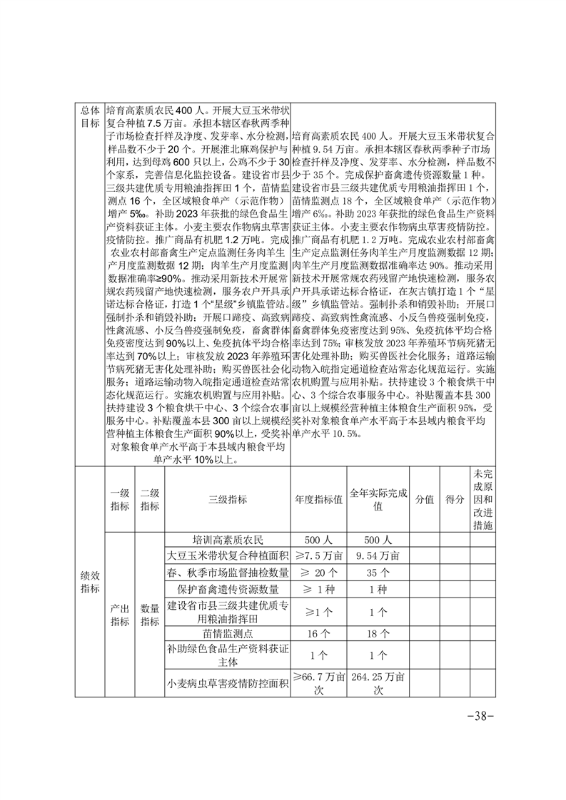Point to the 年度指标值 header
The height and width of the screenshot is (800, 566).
(x=318, y=500)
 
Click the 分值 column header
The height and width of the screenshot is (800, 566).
(x=424, y=500)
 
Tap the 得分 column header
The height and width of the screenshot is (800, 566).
(x=454, y=500)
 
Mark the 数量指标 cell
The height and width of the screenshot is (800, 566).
(x=149, y=615)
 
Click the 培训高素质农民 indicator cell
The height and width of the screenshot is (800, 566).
(x=226, y=540)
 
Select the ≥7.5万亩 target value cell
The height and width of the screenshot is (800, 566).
(x=318, y=555)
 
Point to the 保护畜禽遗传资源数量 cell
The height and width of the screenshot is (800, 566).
(x=226, y=590)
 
